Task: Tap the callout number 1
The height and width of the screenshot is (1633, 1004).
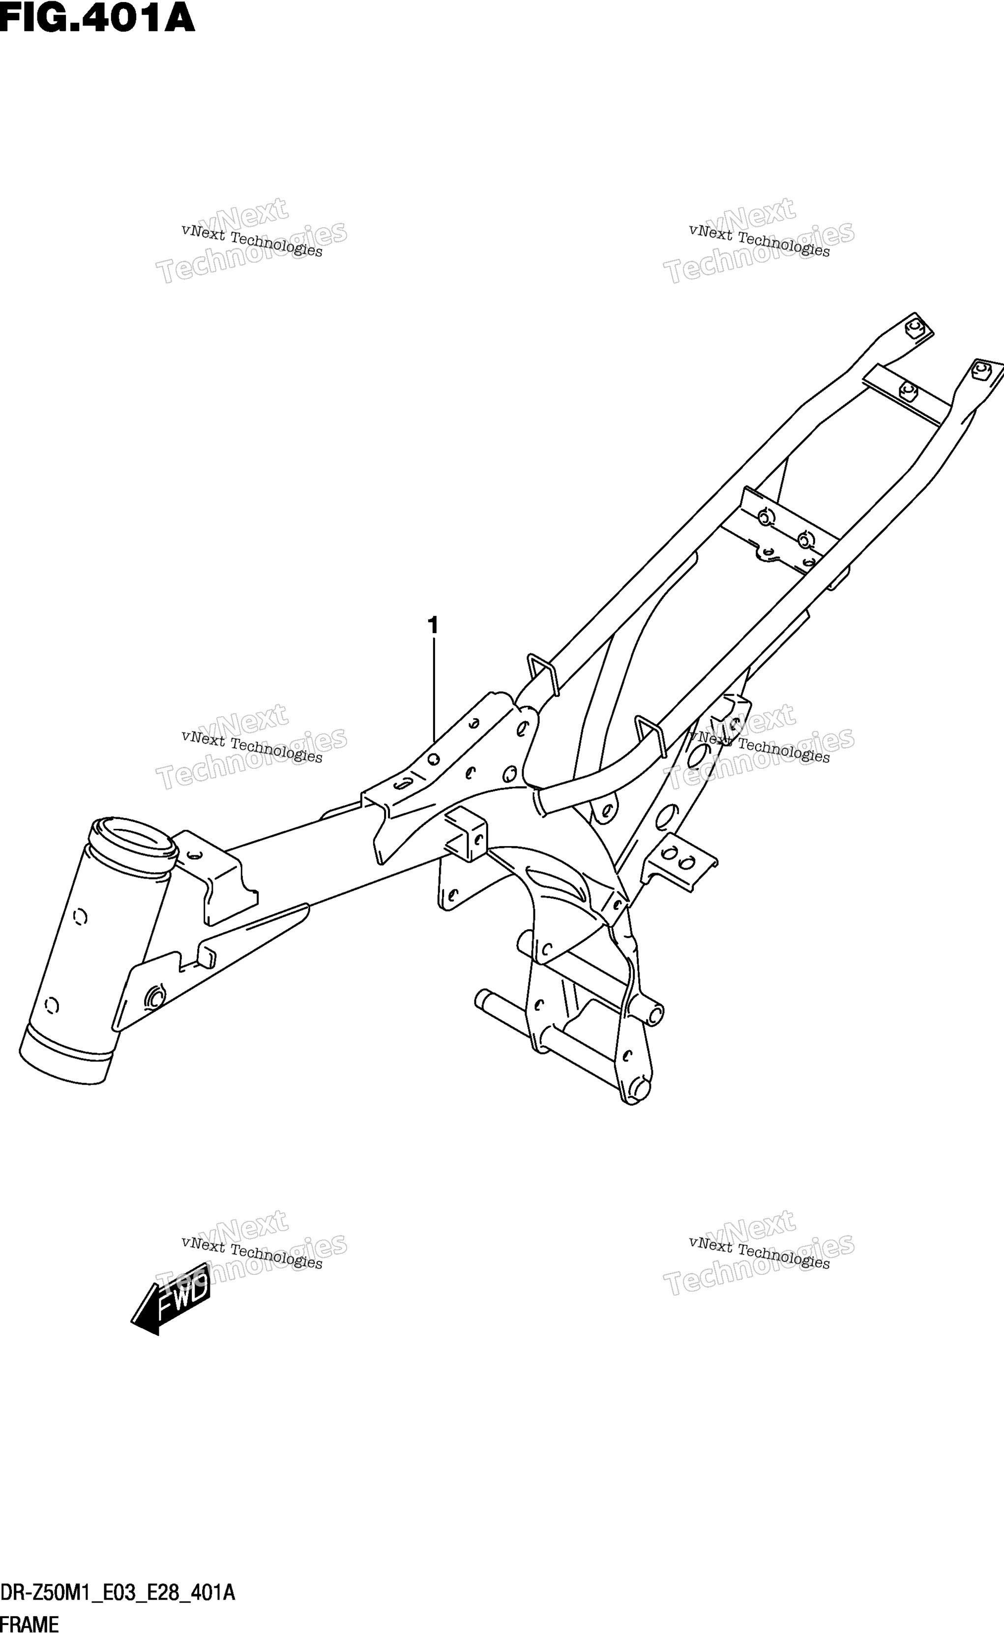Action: click(x=433, y=626)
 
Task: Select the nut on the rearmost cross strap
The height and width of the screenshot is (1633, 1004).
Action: click(x=907, y=391)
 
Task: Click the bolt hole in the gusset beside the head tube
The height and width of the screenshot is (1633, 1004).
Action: click(x=153, y=997)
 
